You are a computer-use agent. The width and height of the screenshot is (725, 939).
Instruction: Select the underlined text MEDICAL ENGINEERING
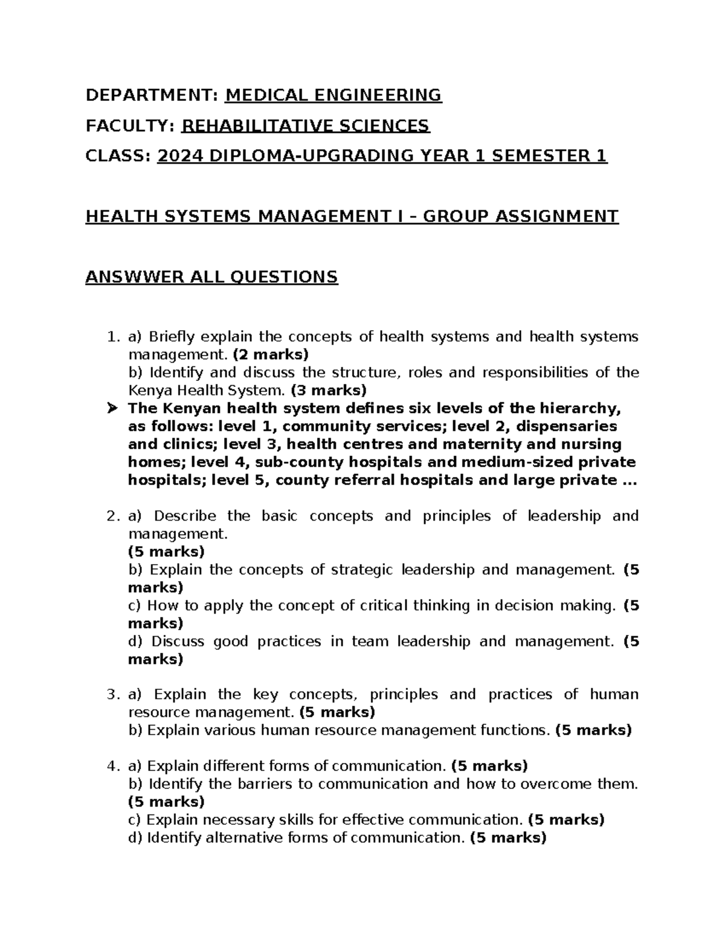pyautogui.click(x=333, y=95)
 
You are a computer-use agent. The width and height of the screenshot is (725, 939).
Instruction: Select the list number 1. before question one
pyautogui.click(x=113, y=337)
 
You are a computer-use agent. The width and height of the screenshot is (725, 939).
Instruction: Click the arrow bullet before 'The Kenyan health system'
pyautogui.click(x=112, y=409)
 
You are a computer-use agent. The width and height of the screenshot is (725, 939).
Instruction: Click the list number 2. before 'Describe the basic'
pyautogui.click(x=113, y=516)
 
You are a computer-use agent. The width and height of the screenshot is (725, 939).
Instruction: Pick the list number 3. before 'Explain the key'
pyautogui.click(x=113, y=694)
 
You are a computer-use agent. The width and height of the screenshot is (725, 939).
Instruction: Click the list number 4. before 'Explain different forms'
pyautogui.click(x=113, y=766)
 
